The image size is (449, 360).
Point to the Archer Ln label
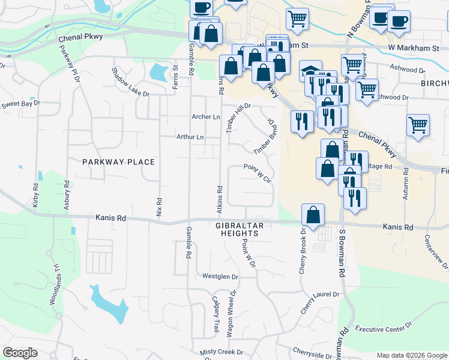coord(206,116)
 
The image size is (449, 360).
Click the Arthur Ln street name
coord(190,137)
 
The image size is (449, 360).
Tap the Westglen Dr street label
coord(220,277)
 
